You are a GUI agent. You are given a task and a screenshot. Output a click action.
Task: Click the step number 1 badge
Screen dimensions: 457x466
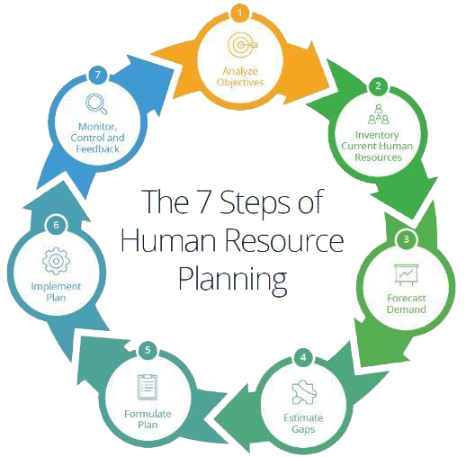239,13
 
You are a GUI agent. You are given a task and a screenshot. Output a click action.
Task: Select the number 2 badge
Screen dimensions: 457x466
379,86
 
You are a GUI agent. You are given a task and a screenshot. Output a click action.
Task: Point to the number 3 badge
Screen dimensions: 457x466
407,239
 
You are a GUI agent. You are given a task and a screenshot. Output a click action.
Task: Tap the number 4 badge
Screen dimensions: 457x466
303,358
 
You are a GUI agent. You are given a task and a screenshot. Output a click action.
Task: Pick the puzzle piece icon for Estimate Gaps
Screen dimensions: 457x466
303,392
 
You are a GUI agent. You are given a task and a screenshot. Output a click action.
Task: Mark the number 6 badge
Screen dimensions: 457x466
56,225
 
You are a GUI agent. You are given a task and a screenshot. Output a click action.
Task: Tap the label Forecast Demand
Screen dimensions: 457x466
407,303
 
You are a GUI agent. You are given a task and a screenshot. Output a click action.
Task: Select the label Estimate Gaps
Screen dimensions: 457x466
303,423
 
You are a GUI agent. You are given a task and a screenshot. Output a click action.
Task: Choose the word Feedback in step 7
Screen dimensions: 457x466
96,148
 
